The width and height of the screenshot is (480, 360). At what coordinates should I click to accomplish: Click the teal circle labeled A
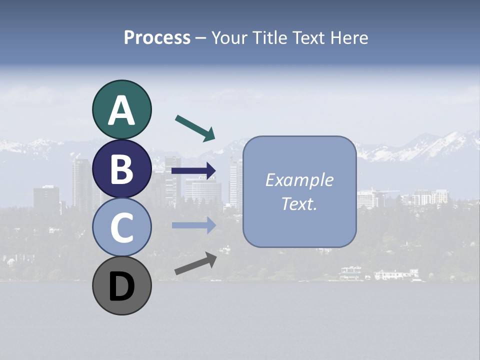coord(121,110)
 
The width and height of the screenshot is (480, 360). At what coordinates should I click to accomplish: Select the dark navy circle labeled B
coord(121,168)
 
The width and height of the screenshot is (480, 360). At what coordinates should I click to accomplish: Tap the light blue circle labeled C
coord(121,227)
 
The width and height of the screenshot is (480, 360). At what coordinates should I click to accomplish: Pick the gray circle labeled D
coord(121,285)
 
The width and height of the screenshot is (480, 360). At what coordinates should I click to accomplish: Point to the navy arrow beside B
coord(193,171)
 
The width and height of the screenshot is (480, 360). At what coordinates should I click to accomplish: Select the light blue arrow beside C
coord(193,225)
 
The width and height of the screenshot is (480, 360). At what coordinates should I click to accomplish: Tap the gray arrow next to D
coord(195,263)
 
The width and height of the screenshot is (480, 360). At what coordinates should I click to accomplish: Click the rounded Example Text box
coord(299,192)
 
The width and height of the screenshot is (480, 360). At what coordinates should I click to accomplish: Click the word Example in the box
coord(299,180)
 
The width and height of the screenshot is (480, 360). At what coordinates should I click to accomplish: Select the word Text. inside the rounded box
coord(299,204)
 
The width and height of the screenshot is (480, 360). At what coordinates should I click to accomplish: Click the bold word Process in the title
coord(157,37)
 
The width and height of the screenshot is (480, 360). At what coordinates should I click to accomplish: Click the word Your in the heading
coord(228,37)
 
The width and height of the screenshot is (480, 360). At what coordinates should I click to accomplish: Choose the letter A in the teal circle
coord(121,111)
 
